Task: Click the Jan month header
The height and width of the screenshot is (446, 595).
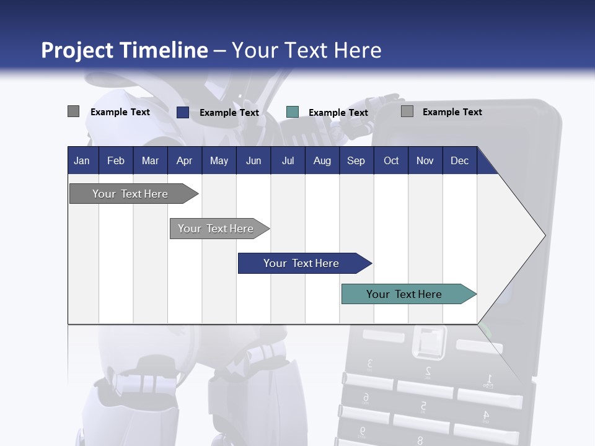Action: coord(82,160)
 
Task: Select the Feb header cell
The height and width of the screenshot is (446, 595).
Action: coord(116,160)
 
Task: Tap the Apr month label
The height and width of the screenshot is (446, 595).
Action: coord(184,160)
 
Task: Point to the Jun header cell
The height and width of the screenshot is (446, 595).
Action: coord(253,160)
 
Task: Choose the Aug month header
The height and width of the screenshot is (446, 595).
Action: coord(322,160)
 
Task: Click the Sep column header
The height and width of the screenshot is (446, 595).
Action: coord(356,160)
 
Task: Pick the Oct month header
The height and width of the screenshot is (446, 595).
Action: coord(391,160)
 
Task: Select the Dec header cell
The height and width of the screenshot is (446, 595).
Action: coord(459,160)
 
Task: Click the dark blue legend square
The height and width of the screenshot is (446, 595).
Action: coord(183,112)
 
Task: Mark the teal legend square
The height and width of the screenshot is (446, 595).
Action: coord(293,112)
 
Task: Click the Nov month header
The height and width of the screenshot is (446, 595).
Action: coord(425,160)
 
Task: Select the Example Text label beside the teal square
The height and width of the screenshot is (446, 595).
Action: coord(338,113)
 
